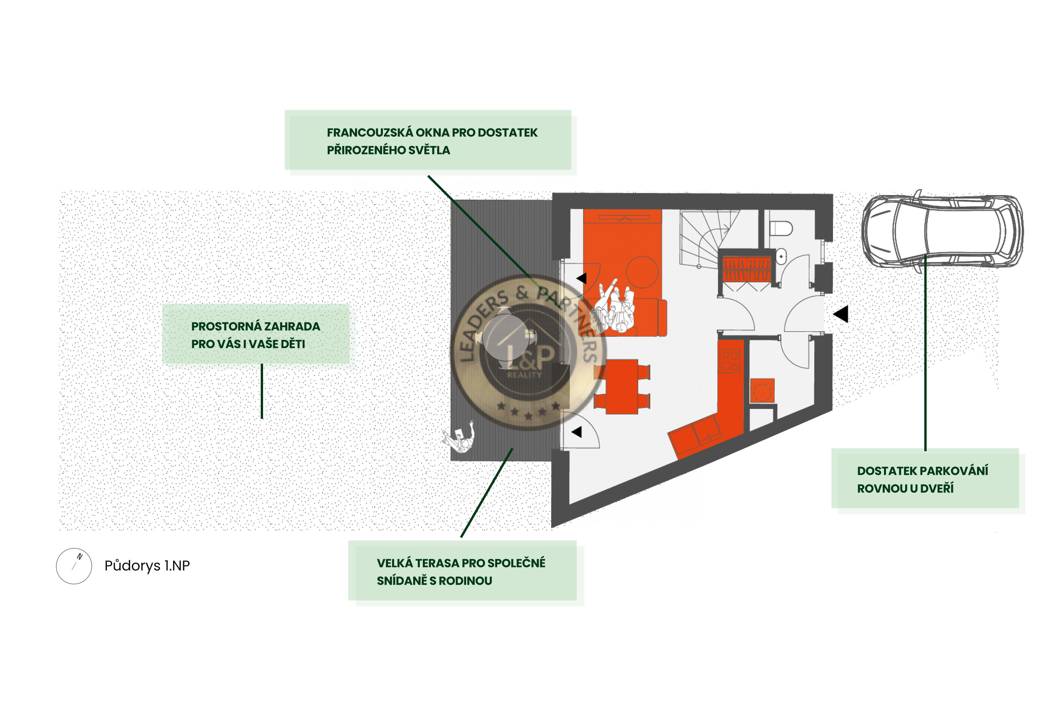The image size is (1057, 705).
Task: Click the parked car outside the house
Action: [x=942, y=231]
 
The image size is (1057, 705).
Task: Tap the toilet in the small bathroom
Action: [x=781, y=228]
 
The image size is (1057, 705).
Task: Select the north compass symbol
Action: [x=74, y=566]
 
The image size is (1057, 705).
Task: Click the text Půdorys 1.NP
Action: [x=147, y=566]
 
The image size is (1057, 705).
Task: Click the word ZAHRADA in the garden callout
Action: [x=292, y=326]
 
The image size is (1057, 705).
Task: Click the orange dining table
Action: [x=622, y=387]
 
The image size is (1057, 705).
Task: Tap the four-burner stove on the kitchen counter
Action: [x=730, y=362]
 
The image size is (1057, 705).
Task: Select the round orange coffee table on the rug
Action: [x=642, y=272]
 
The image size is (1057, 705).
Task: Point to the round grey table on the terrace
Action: [x=506, y=337]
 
